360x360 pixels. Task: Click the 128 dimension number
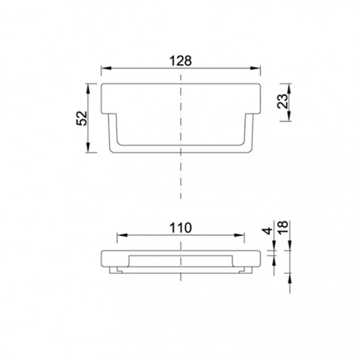(180, 61)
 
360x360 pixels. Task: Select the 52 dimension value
(82, 118)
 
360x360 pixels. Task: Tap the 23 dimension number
(282, 101)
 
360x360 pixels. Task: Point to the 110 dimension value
(180, 228)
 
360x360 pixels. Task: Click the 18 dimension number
(283, 227)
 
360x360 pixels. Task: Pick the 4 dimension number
(267, 230)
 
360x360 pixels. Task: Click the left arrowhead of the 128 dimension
(106, 68)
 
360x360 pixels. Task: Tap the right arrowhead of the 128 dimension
(255, 68)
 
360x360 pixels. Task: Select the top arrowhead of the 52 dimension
(88, 89)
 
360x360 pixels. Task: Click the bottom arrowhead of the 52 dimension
(88, 148)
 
